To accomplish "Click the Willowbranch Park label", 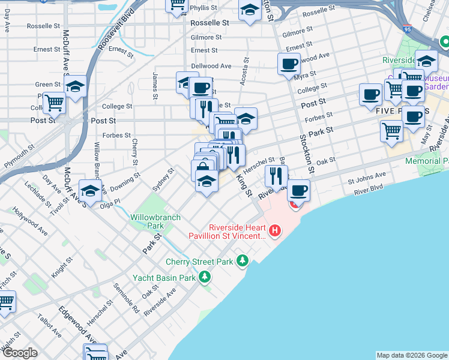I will click(x=147, y=221).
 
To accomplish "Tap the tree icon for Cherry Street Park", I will click(x=243, y=261).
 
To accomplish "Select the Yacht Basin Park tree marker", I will click(x=205, y=277).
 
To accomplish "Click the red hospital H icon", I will click(x=275, y=230).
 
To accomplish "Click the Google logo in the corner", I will click(x=20, y=353).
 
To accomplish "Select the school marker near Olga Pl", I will click(x=90, y=191).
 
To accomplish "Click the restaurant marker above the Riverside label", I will click(x=276, y=175).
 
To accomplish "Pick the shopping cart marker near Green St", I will click(x=55, y=103).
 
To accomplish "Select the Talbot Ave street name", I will click(x=49, y=324).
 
